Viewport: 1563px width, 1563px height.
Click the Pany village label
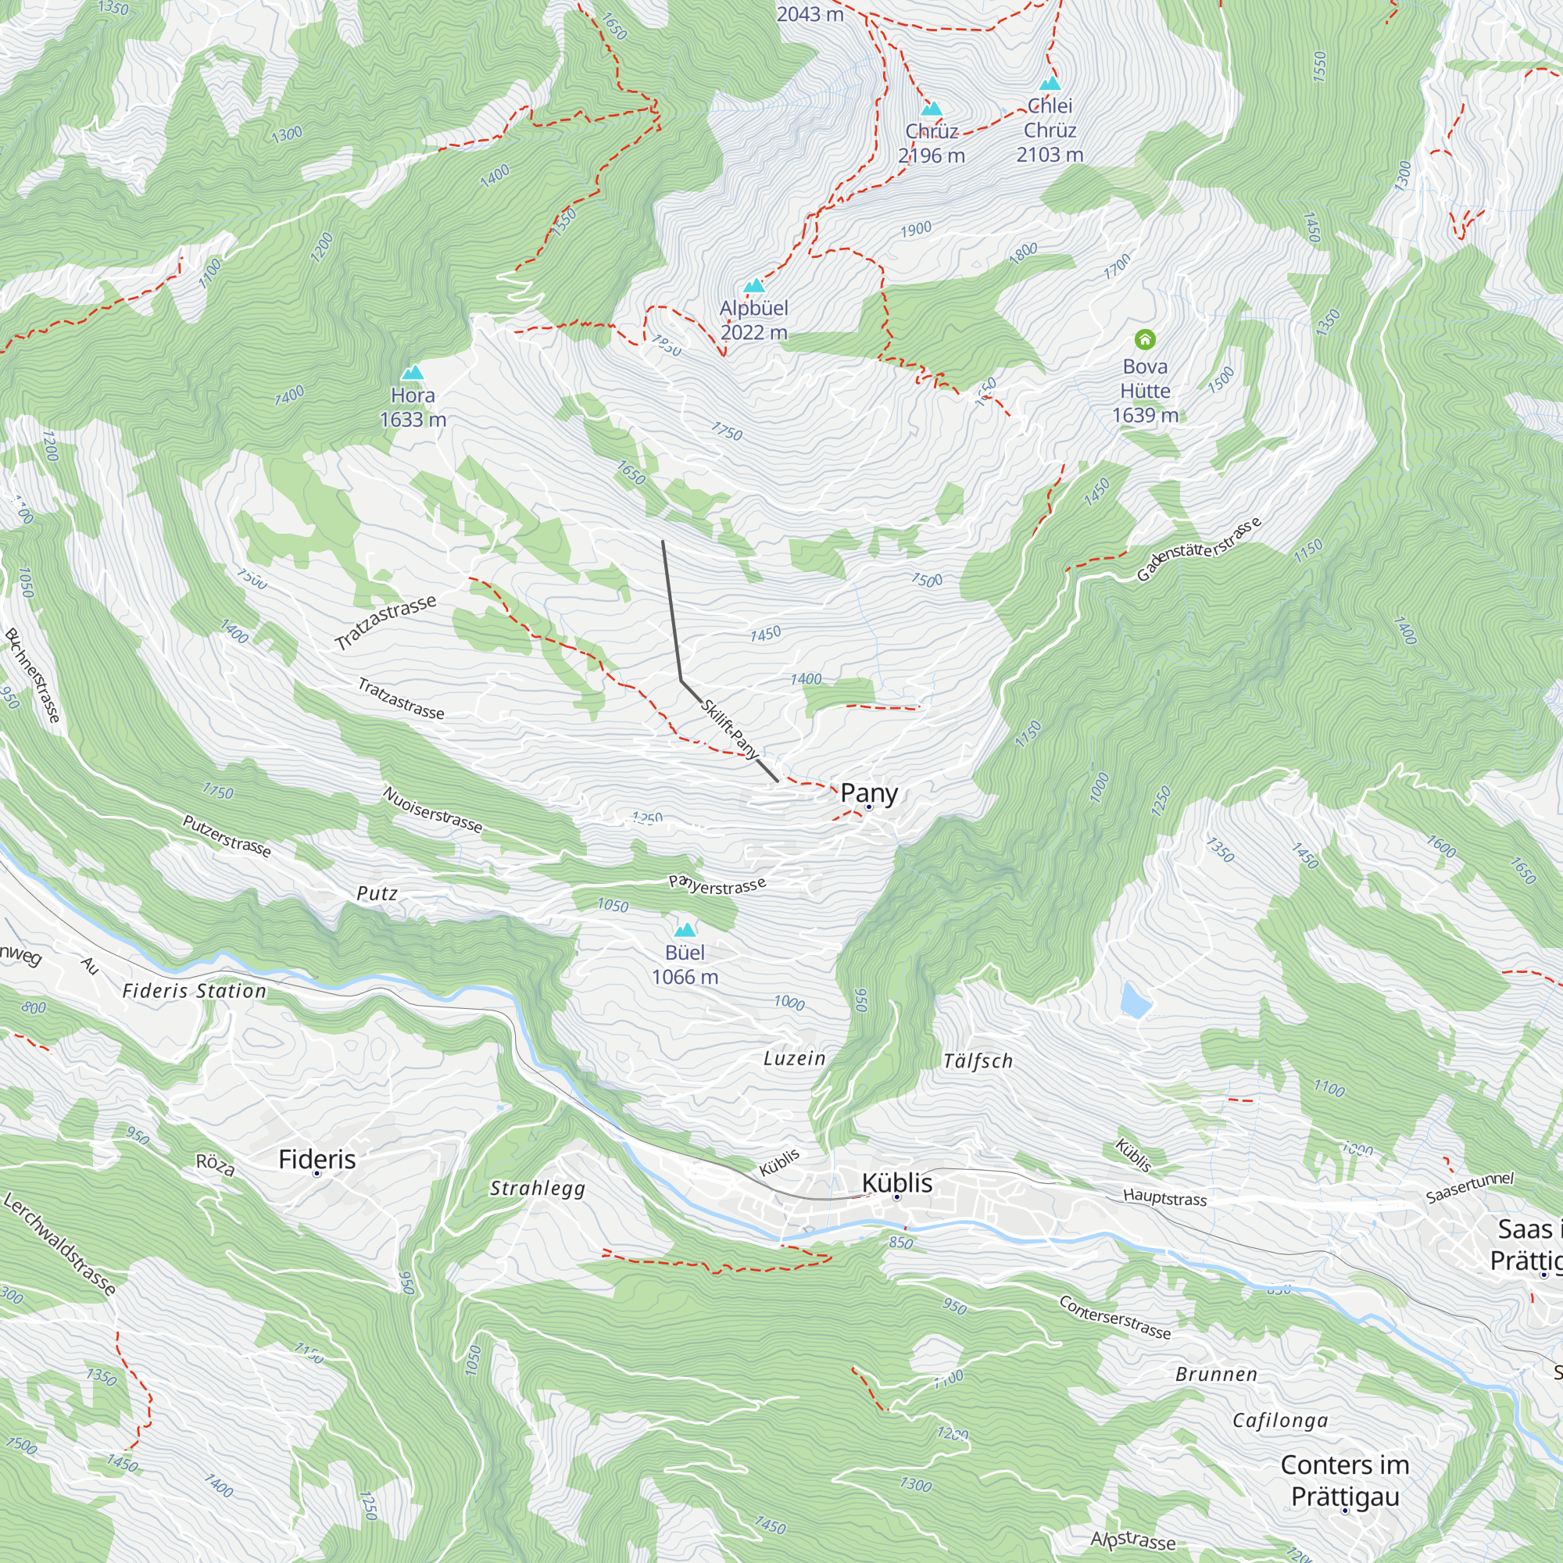click(869, 792)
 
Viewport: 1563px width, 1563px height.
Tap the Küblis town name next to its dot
click(896, 1182)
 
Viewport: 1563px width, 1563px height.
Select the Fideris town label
click(317, 1159)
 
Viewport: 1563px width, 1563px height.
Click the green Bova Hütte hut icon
click(1145, 339)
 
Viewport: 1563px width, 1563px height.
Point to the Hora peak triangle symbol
click(413, 372)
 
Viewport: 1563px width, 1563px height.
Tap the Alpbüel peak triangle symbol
click(754, 285)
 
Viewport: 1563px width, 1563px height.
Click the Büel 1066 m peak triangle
click(685, 929)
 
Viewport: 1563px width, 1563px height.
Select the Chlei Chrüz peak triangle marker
click(1050, 84)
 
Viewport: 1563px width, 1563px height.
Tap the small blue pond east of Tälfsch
click(1135, 1000)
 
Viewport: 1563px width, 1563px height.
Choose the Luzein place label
click(795, 1059)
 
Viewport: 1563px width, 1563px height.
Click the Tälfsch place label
click(978, 1061)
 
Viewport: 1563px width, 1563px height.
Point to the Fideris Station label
click(194, 991)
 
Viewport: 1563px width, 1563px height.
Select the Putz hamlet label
click(377, 894)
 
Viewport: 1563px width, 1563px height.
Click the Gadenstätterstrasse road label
click(1199, 549)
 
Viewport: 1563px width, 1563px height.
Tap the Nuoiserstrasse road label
click(433, 809)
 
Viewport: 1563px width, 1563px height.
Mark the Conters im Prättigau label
click(1344, 1480)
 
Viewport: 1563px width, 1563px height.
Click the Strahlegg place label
click(537, 1189)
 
